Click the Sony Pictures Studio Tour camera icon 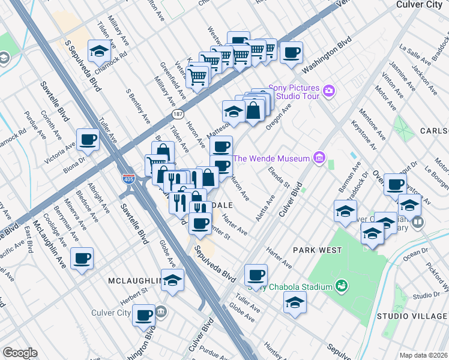(x=328, y=91)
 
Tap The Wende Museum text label (x=271, y=158)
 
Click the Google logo (x=20, y=353)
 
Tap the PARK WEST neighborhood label (x=318, y=250)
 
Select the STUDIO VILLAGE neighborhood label (x=412, y=316)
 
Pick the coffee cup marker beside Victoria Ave (x=88, y=140)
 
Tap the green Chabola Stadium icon (x=341, y=286)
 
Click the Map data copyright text (x=423, y=355)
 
